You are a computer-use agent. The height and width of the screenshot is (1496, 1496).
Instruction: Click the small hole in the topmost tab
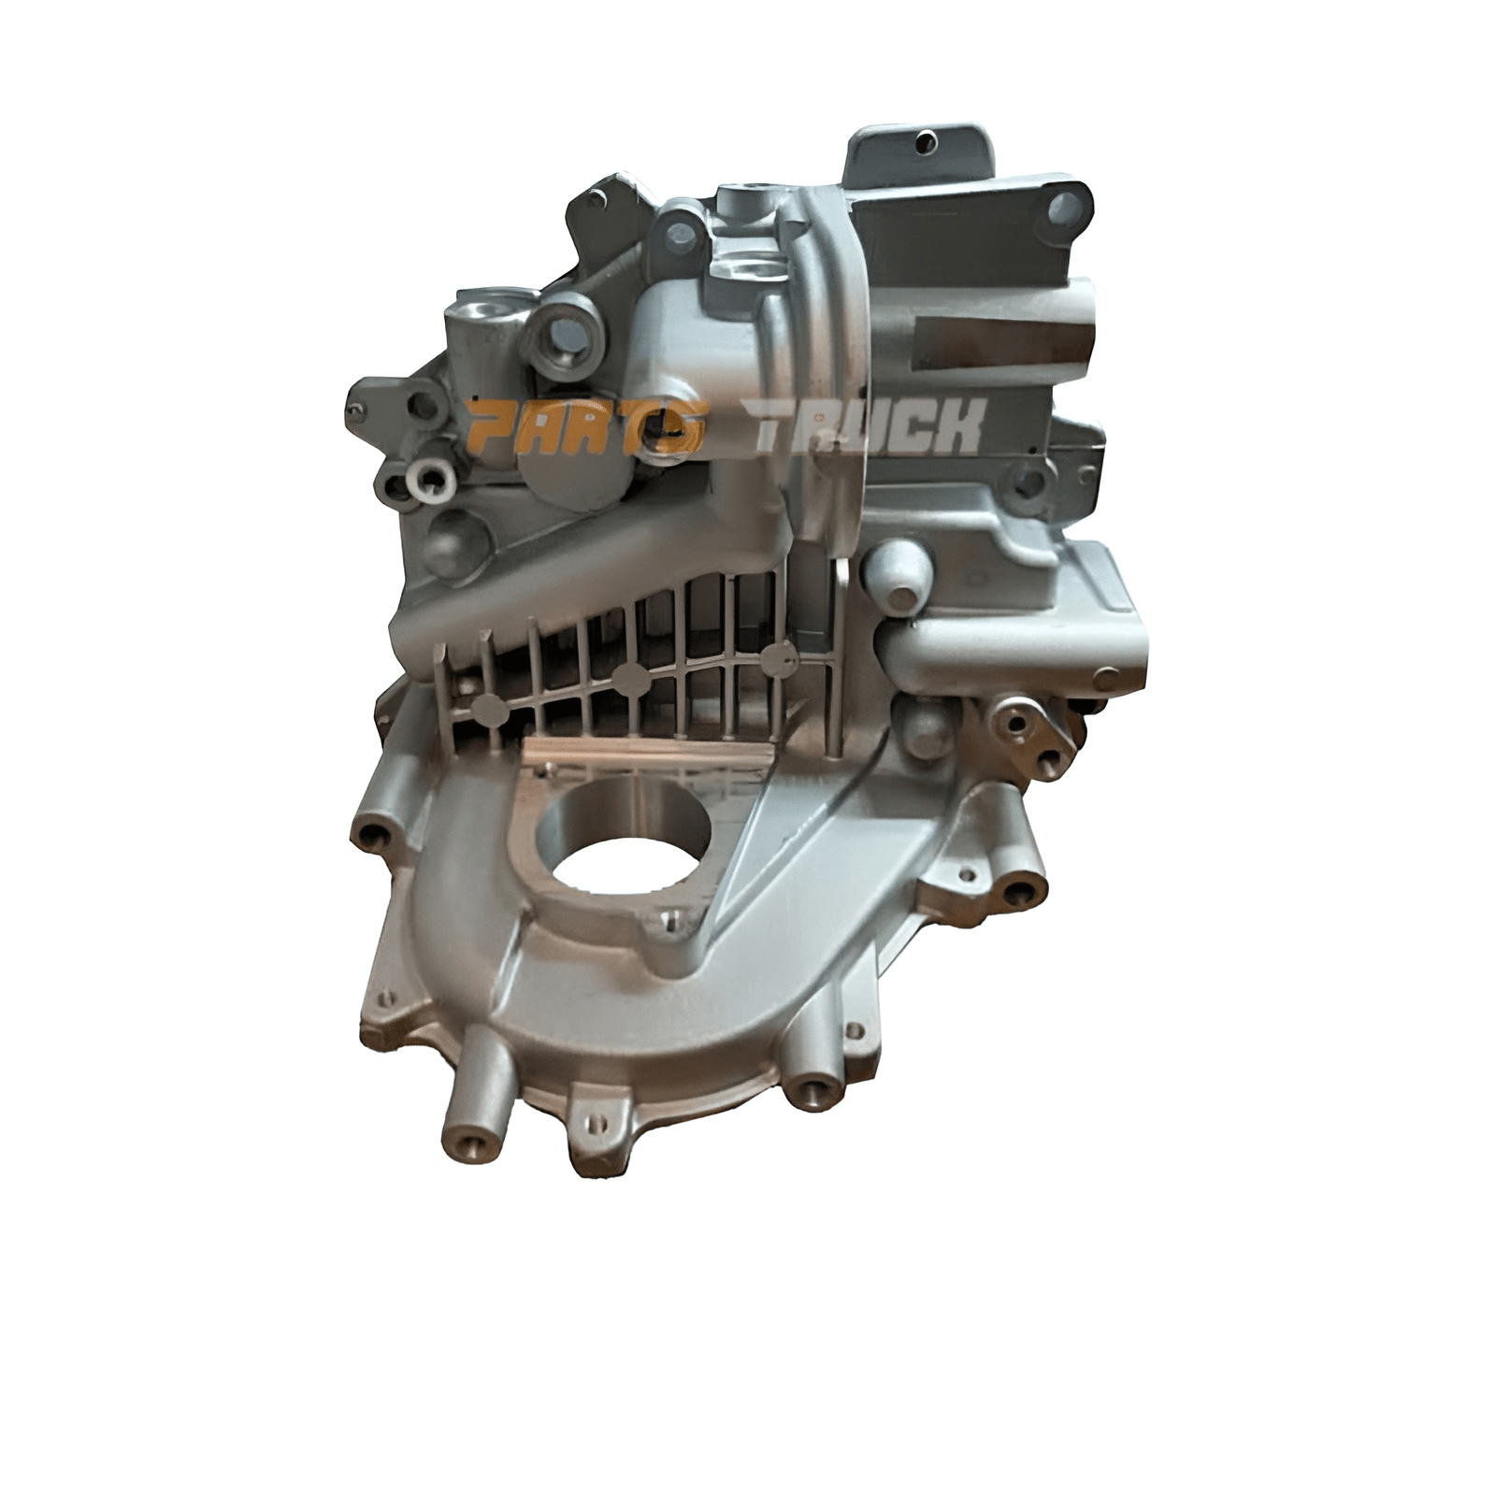pyautogui.click(x=926, y=143)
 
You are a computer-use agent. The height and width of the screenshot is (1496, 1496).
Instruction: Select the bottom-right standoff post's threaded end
pyautogui.click(x=810, y=1090)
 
